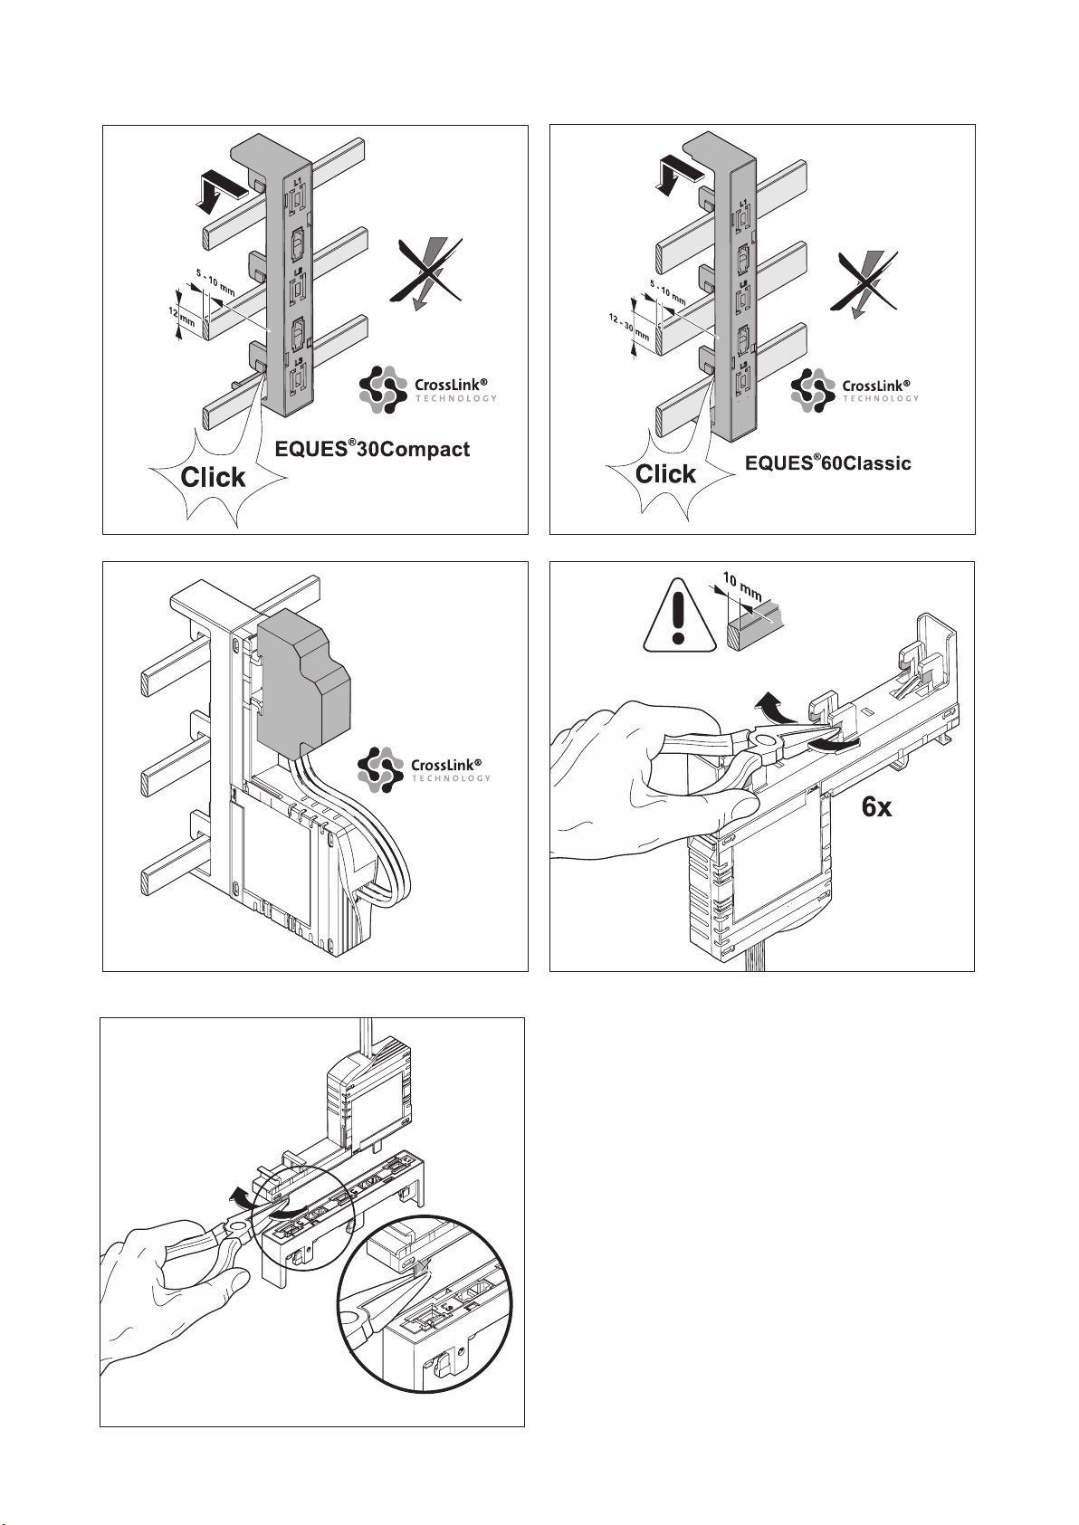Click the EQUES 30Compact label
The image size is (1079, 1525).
[372, 449]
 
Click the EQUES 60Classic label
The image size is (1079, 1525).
[827, 462]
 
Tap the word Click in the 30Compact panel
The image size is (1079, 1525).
[213, 477]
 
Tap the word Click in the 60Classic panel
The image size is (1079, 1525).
[666, 473]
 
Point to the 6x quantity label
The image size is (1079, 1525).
[876, 806]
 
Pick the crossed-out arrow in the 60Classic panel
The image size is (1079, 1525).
[864, 281]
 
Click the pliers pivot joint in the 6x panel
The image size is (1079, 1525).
[766, 745]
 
